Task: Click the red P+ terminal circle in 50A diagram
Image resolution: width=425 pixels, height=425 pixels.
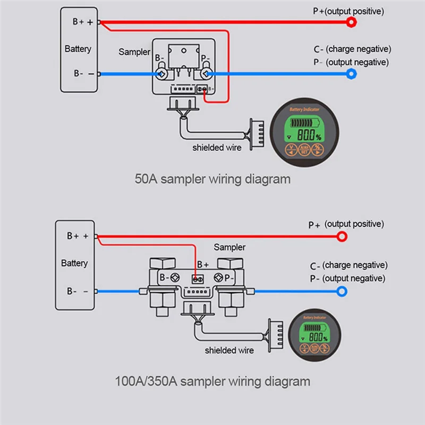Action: pos(351,22)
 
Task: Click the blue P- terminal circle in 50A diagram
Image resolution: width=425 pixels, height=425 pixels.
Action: pos(351,74)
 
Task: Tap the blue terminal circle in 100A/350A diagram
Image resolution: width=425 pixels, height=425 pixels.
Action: pos(343,291)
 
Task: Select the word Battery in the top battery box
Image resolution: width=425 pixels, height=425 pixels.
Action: pos(78,49)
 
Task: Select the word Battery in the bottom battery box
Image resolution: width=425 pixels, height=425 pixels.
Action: pos(74,263)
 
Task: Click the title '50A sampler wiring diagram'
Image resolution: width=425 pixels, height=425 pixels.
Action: pos(212,178)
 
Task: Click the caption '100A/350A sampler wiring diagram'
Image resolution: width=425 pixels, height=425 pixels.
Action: pos(212,381)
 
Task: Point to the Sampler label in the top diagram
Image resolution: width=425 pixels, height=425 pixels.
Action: pos(134,52)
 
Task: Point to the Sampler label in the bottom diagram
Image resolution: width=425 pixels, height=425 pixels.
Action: pos(229,247)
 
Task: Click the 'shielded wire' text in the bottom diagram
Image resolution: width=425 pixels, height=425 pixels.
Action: pos(229,350)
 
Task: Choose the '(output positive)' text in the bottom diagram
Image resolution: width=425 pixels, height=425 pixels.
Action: pos(354,224)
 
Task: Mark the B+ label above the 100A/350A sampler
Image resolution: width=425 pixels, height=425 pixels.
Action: pos(203,264)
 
